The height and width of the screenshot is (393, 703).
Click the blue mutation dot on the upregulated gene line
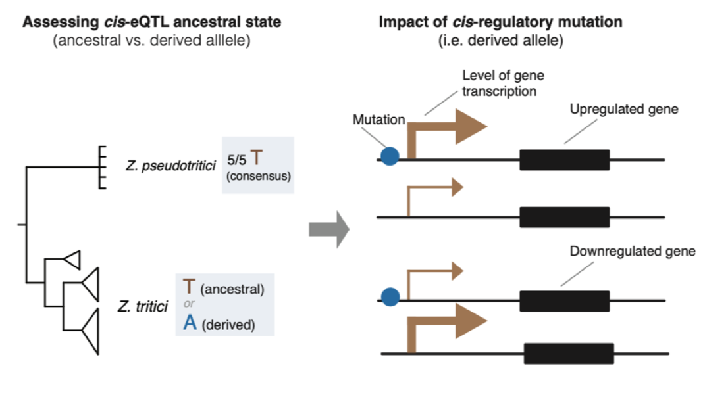pyautogui.click(x=390, y=156)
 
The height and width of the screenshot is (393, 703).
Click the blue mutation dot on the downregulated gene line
pyautogui.click(x=390, y=297)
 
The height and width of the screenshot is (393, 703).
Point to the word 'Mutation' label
pyautogui.click(x=378, y=120)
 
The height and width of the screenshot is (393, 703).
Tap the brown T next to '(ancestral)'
pyautogui.click(x=189, y=288)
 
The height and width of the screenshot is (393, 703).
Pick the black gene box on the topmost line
pyautogui.click(x=564, y=160)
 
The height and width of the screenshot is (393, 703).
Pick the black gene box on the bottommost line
pyautogui.click(x=569, y=354)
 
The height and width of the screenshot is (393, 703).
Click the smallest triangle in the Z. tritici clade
pyautogui.click(x=72, y=260)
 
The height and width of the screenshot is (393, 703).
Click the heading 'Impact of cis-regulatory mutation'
pyautogui.click(x=500, y=22)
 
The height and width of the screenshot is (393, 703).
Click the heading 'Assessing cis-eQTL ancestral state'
pyautogui.click(x=151, y=22)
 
